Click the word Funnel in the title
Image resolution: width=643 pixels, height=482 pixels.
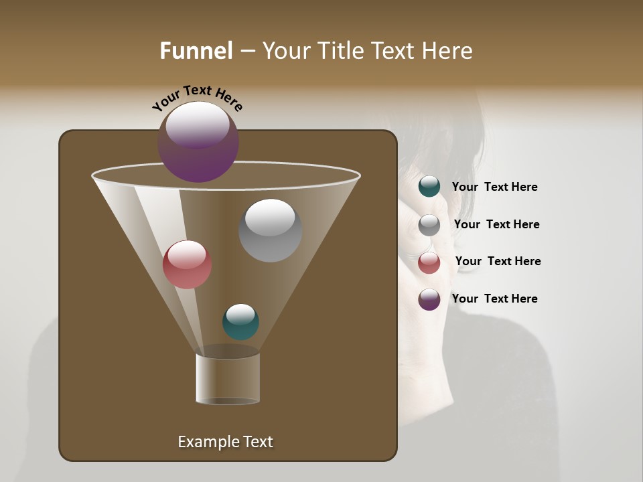196,51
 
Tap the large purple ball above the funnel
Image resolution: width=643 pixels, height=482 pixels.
198,142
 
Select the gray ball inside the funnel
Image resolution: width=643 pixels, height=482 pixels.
270,230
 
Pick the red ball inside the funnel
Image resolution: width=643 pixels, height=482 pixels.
187,264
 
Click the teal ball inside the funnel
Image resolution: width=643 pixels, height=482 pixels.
240,321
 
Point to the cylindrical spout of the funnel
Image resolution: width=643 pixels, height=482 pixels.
228,379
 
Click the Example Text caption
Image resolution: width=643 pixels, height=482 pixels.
225,442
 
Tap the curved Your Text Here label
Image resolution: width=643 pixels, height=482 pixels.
198,98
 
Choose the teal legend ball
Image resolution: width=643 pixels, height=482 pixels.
429,187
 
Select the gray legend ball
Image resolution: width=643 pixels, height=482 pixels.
429,225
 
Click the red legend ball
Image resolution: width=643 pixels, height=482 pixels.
429,262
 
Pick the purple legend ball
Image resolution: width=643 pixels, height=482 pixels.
429,299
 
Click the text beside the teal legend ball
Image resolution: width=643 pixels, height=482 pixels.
494,187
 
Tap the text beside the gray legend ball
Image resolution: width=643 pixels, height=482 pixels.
496,224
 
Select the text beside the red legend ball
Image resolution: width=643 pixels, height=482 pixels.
498,261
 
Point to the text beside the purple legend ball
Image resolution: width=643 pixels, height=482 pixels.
494,299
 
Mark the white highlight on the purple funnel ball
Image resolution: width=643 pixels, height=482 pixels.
198,125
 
